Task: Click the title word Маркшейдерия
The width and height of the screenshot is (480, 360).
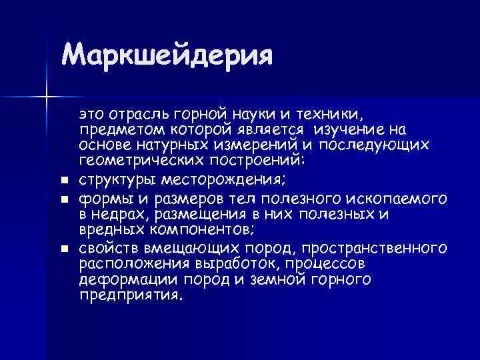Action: coord(167,55)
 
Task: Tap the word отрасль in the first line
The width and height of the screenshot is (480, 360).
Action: coord(138,112)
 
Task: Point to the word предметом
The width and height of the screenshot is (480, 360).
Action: coord(117,128)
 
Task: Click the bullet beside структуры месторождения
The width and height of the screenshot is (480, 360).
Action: coord(63,180)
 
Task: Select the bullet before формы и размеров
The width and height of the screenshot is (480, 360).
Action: coord(63,199)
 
